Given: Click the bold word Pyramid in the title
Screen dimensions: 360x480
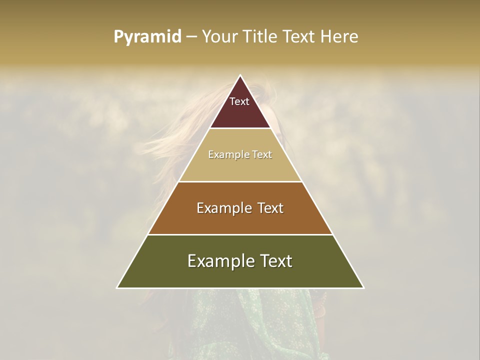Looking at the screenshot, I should click(147, 36).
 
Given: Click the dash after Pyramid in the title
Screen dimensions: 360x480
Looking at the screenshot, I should click(191, 37).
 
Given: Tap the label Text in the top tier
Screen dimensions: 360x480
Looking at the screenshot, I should click(239, 101).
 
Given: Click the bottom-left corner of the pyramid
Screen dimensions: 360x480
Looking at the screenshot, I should click(117, 287).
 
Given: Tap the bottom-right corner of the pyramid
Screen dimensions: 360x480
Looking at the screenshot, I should click(363, 287).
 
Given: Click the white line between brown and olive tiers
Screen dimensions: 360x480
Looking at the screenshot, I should click(240, 234).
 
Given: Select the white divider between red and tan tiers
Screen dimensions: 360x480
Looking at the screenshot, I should click(240, 128).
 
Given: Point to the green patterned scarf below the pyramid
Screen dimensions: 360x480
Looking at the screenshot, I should click(260, 325).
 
